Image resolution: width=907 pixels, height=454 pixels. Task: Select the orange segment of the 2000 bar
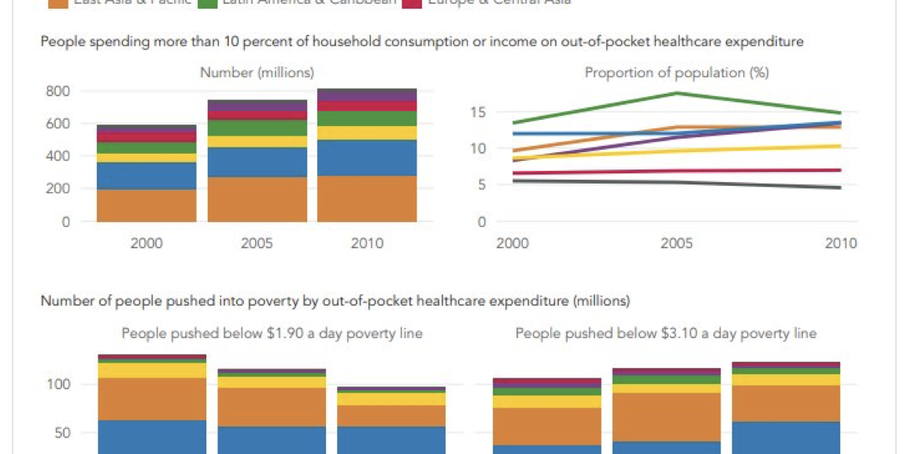point(146,205)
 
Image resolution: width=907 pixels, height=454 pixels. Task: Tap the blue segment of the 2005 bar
point(257,162)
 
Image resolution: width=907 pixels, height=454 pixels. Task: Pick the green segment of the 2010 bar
point(367,118)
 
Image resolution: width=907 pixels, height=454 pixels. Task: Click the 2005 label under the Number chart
point(257,243)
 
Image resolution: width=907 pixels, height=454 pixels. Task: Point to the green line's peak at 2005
point(676,93)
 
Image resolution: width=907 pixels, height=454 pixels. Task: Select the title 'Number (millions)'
point(257,73)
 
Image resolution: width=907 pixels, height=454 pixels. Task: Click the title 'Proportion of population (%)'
point(676,73)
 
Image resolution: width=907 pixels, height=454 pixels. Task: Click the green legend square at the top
point(208,3)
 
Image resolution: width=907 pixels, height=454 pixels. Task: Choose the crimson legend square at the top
point(412,3)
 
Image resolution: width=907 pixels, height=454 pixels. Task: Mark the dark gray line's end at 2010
point(839,188)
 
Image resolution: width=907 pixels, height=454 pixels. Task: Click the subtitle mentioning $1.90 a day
point(272,333)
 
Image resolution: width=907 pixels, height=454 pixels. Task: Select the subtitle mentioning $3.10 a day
point(665,333)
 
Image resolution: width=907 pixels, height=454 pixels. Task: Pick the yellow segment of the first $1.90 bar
point(152,370)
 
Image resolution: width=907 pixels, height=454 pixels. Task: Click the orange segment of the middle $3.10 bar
point(667,416)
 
